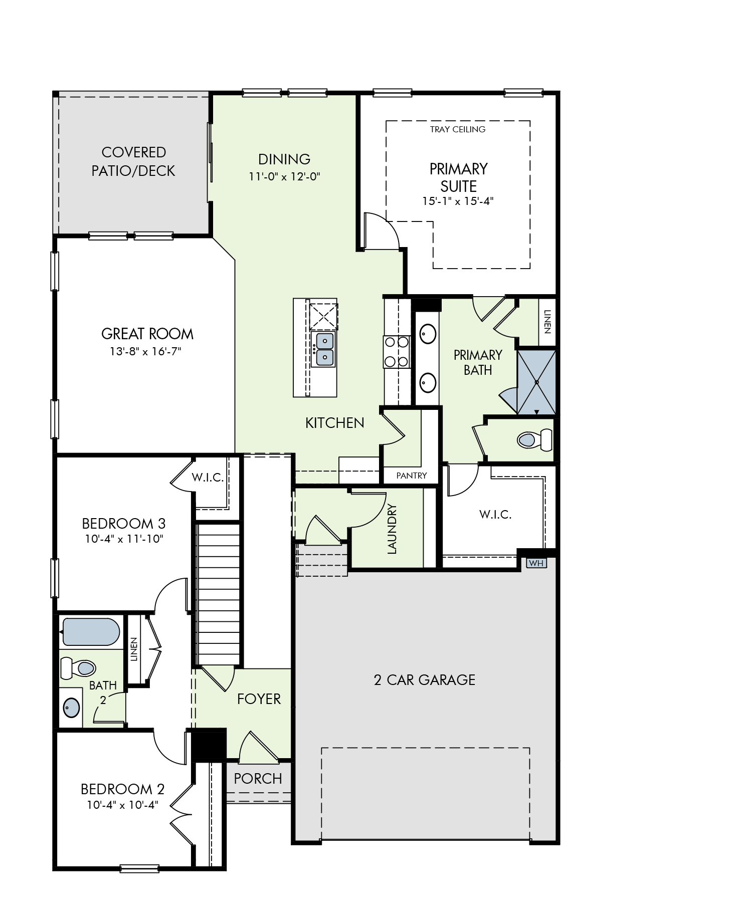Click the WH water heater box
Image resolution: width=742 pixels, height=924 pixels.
pos(536,563)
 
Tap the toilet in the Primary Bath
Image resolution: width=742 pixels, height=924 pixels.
pos(534,440)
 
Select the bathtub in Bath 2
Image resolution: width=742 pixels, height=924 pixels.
pos(90,632)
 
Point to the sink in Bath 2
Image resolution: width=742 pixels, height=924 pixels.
pos(71,708)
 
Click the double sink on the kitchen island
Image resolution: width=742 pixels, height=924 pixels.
pos(323,349)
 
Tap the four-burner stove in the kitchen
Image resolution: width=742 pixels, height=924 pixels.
pos(397,352)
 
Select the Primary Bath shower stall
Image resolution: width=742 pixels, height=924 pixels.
pos(536,382)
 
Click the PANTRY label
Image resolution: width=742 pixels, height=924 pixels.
pos(412,476)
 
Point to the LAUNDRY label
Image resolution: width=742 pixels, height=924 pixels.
pos(392,529)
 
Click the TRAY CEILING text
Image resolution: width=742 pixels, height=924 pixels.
pos(458,129)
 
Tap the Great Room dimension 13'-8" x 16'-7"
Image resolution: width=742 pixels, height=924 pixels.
pos(145,351)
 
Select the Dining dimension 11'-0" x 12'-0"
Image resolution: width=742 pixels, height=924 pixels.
pos(284,176)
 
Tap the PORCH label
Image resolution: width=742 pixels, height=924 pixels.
pos(258,779)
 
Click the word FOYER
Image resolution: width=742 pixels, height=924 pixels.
pos(259,699)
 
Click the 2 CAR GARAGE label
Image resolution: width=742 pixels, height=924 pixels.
pos(425,680)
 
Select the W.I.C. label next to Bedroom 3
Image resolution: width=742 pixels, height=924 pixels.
pos(208,478)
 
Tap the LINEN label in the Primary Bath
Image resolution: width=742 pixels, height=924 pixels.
pos(547,322)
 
